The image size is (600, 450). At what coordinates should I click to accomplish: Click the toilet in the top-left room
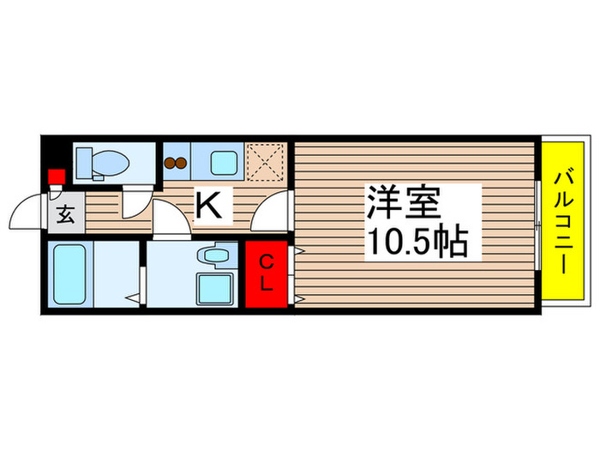[100, 161]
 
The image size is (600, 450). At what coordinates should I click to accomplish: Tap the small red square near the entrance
[56, 177]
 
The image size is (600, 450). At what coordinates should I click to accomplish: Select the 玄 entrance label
[67, 214]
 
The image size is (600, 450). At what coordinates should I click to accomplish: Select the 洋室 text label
[403, 204]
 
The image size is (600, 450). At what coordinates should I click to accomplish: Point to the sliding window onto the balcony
[537, 225]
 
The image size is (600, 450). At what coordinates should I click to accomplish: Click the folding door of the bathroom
[137, 275]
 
